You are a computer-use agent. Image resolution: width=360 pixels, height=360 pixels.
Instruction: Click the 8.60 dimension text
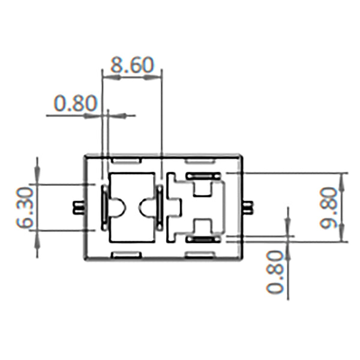pyautogui.click(x=132, y=65)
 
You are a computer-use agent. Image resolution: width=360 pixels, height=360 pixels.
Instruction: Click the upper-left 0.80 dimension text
pyautogui.click(x=75, y=103)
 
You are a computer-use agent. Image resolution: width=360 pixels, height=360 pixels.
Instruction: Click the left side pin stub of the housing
pyautogui.click(x=78, y=208)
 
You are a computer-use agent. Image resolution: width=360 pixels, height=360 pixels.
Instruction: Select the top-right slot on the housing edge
pyautogui.click(x=201, y=161)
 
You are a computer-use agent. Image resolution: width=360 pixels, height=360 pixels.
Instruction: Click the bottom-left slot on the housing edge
pyautogui.click(x=127, y=255)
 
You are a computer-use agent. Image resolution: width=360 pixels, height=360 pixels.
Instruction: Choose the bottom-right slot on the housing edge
pyautogui.click(x=201, y=255)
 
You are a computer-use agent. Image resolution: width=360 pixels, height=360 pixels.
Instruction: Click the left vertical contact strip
pyautogui.click(x=104, y=208)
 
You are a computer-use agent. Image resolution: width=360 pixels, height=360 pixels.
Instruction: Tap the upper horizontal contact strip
pyautogui.click(x=203, y=175)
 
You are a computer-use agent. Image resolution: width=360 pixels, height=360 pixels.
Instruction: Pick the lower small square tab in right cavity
pyautogui.click(x=202, y=227)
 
